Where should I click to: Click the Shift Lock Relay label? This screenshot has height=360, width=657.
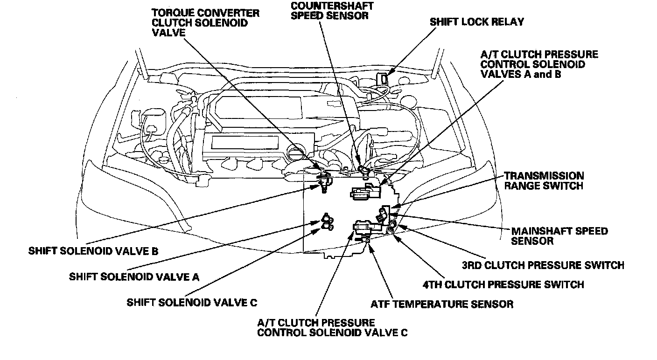tap(476, 22)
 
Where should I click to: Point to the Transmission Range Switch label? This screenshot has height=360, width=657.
tap(544, 180)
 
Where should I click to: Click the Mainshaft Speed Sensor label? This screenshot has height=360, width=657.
tap(559, 236)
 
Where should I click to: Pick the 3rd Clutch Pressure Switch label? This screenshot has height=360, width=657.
tap(543, 265)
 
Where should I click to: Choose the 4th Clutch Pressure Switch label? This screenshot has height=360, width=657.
tap(503, 284)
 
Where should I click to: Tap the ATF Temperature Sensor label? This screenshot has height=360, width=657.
tap(442, 304)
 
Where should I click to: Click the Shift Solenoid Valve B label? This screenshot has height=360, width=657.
tap(93, 251)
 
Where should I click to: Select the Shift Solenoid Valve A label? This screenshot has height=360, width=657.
tap(134, 277)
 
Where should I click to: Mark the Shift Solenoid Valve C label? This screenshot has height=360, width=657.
tap(192, 302)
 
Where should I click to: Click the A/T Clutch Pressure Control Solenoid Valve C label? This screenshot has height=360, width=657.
tap(332, 327)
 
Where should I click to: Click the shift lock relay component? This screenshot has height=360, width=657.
tap(384, 78)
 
